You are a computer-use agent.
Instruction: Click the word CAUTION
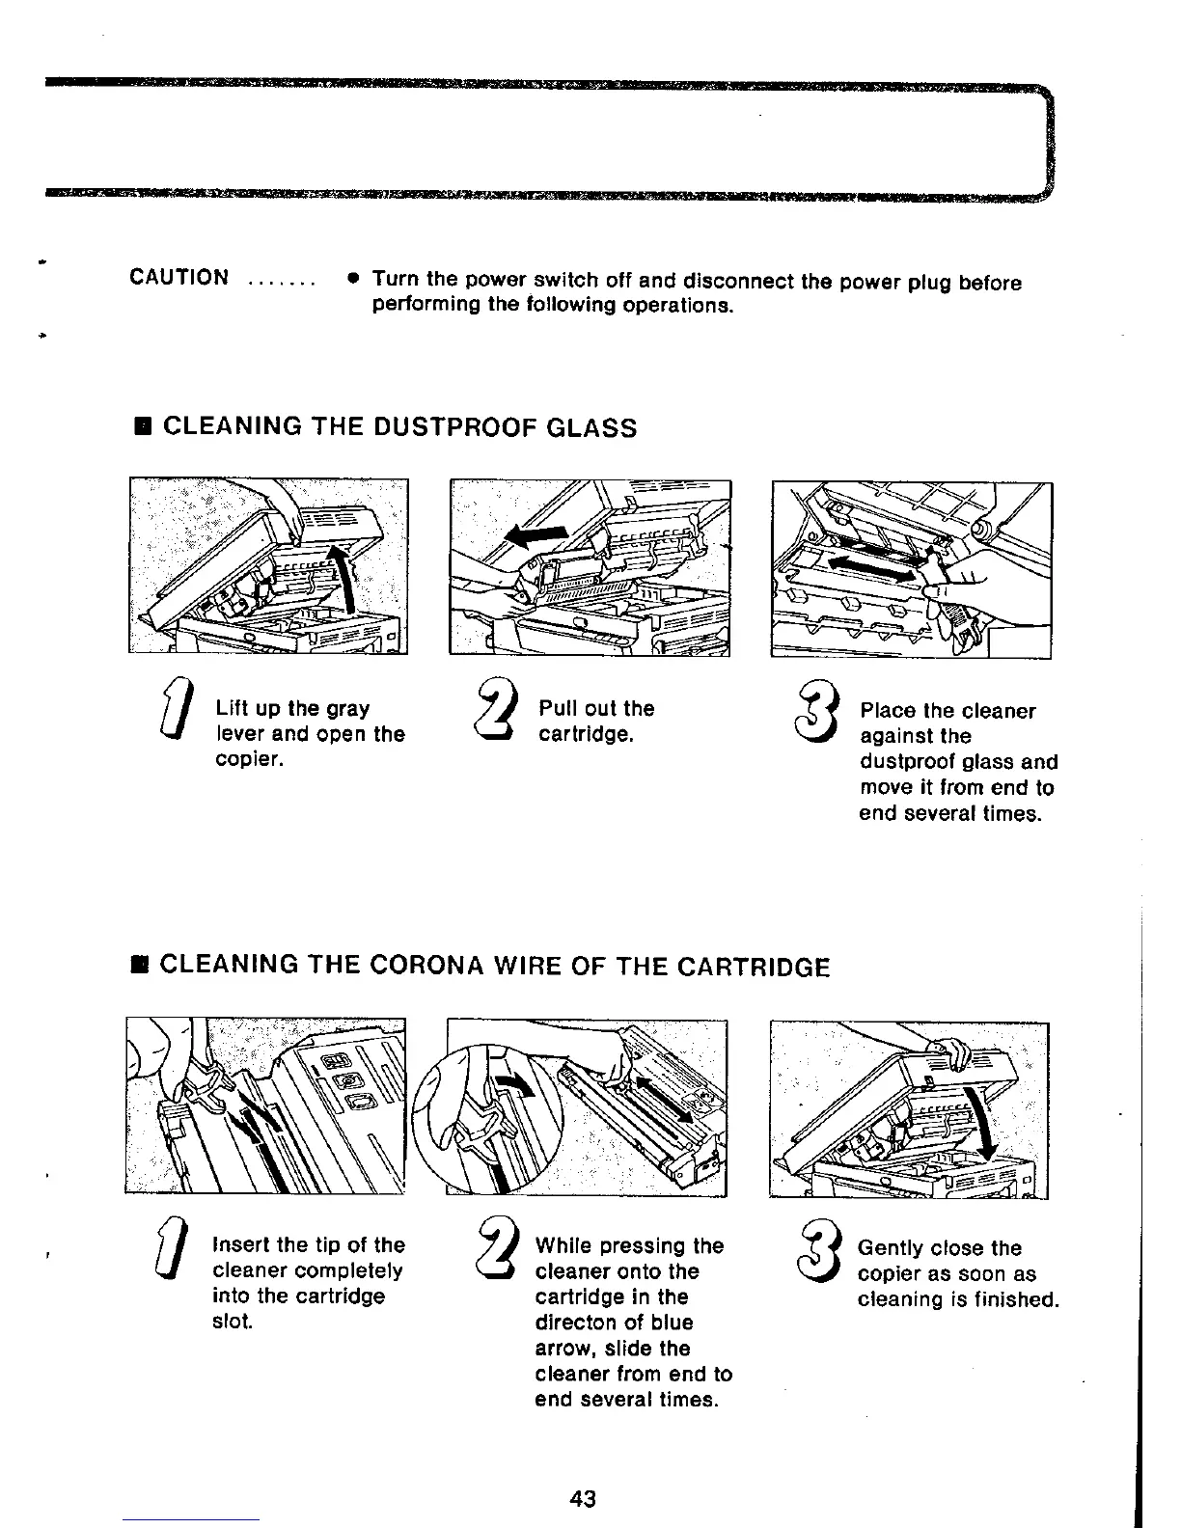click(179, 279)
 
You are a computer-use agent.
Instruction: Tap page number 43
click(583, 1498)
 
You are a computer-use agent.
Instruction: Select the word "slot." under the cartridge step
click(232, 1322)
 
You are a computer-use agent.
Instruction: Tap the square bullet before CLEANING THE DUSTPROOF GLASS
click(142, 427)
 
